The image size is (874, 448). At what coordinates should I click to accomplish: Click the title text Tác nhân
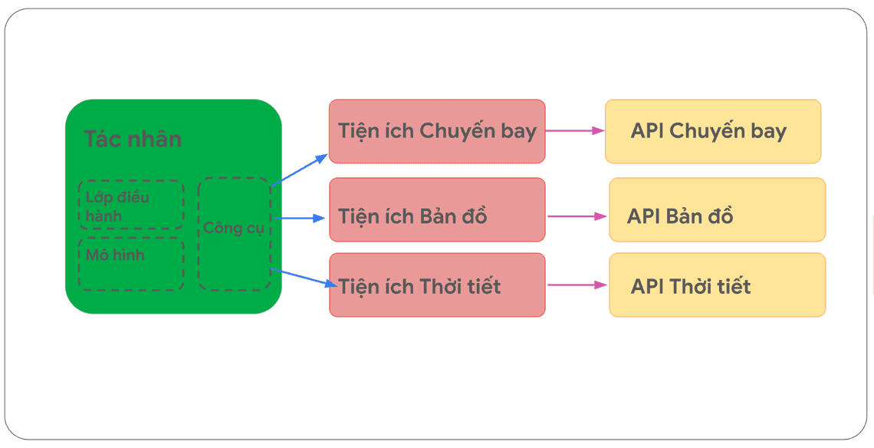[x=132, y=140]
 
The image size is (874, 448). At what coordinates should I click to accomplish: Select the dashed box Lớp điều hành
[x=131, y=205]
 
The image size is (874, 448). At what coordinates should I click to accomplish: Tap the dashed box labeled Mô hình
[x=131, y=264]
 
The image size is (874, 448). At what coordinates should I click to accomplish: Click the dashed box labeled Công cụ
[x=234, y=234]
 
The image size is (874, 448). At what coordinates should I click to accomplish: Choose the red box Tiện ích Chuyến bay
[x=437, y=131]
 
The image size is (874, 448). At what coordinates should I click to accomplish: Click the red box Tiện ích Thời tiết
[x=437, y=285]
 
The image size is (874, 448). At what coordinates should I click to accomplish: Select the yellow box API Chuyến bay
[x=713, y=131]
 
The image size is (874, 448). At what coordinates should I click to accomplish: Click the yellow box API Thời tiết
[x=717, y=285]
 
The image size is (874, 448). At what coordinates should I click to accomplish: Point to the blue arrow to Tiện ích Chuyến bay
[x=299, y=170]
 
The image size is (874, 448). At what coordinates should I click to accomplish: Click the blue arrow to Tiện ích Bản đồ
[x=299, y=219]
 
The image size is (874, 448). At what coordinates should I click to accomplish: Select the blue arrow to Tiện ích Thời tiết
[x=304, y=277]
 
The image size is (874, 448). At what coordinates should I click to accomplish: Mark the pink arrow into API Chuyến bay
[x=575, y=131]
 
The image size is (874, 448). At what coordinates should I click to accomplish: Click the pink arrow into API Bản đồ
[x=577, y=216]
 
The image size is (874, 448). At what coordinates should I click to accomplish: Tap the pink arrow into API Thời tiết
[x=577, y=285]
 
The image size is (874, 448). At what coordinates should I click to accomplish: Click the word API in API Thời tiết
[x=647, y=287]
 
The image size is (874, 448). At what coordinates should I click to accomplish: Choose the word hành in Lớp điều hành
[x=103, y=216]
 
